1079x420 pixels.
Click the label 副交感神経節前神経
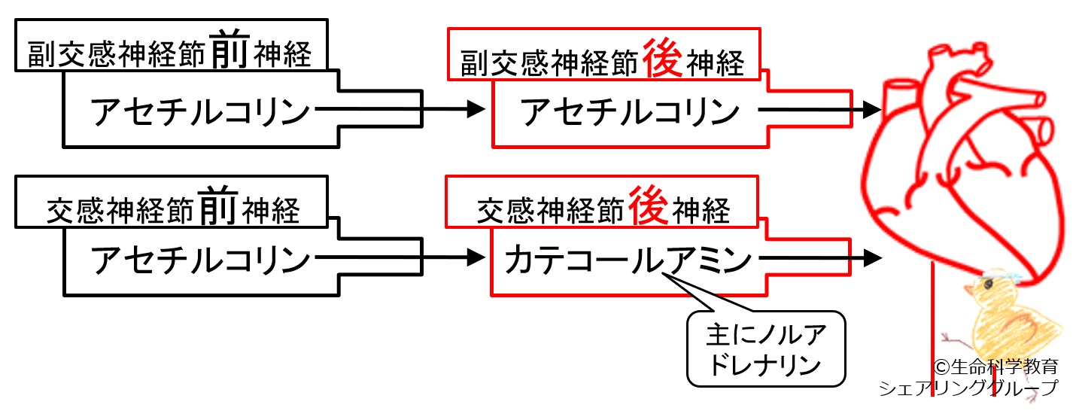point(169,52)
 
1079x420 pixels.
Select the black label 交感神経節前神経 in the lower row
point(172,208)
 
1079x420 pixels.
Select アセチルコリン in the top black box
point(200,112)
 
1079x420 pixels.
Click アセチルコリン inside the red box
point(628,112)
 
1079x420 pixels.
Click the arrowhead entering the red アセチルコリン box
point(476,110)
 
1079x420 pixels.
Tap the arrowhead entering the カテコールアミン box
point(476,257)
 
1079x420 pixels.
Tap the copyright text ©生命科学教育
point(995,367)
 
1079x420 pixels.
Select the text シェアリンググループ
point(968,388)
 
